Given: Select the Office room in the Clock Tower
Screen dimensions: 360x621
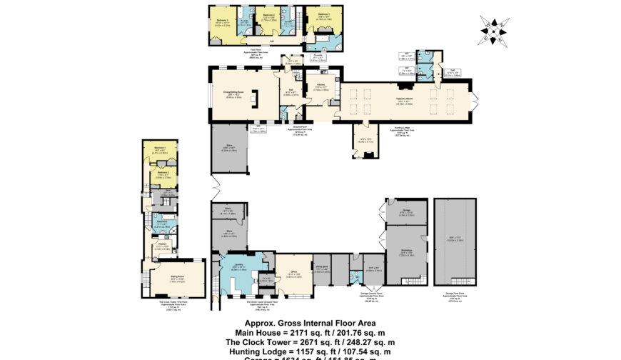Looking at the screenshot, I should (294, 273).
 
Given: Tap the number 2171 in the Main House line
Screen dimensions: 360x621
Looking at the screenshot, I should (299, 331).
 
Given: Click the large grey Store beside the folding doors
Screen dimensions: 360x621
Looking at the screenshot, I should (229, 151).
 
